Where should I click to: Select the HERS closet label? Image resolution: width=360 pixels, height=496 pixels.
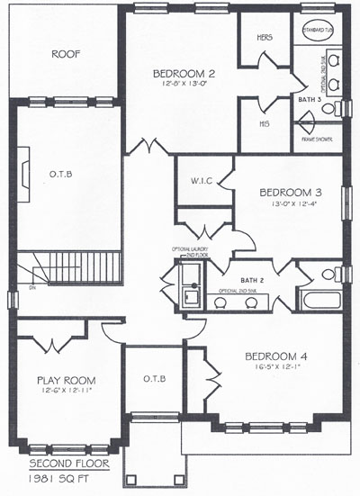click(x=265, y=38)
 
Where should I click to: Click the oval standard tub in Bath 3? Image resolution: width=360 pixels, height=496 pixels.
click(x=318, y=29)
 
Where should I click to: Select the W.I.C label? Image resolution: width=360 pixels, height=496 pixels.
click(x=202, y=179)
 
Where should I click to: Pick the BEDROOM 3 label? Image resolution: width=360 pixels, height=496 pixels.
click(x=288, y=192)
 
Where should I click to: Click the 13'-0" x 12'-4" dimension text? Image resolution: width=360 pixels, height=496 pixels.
click(x=288, y=203)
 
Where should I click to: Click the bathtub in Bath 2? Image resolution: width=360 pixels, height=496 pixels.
click(x=321, y=299)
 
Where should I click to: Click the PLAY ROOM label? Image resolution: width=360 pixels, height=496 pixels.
click(x=59, y=380)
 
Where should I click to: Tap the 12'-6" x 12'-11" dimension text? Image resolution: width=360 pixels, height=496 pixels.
click(x=59, y=391)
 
